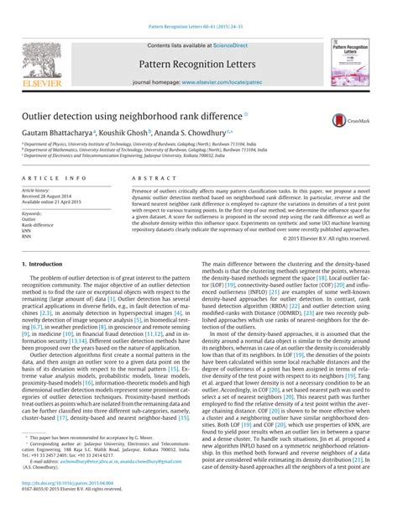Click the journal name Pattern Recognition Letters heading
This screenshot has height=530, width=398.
(197, 62)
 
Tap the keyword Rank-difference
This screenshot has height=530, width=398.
(39, 226)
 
